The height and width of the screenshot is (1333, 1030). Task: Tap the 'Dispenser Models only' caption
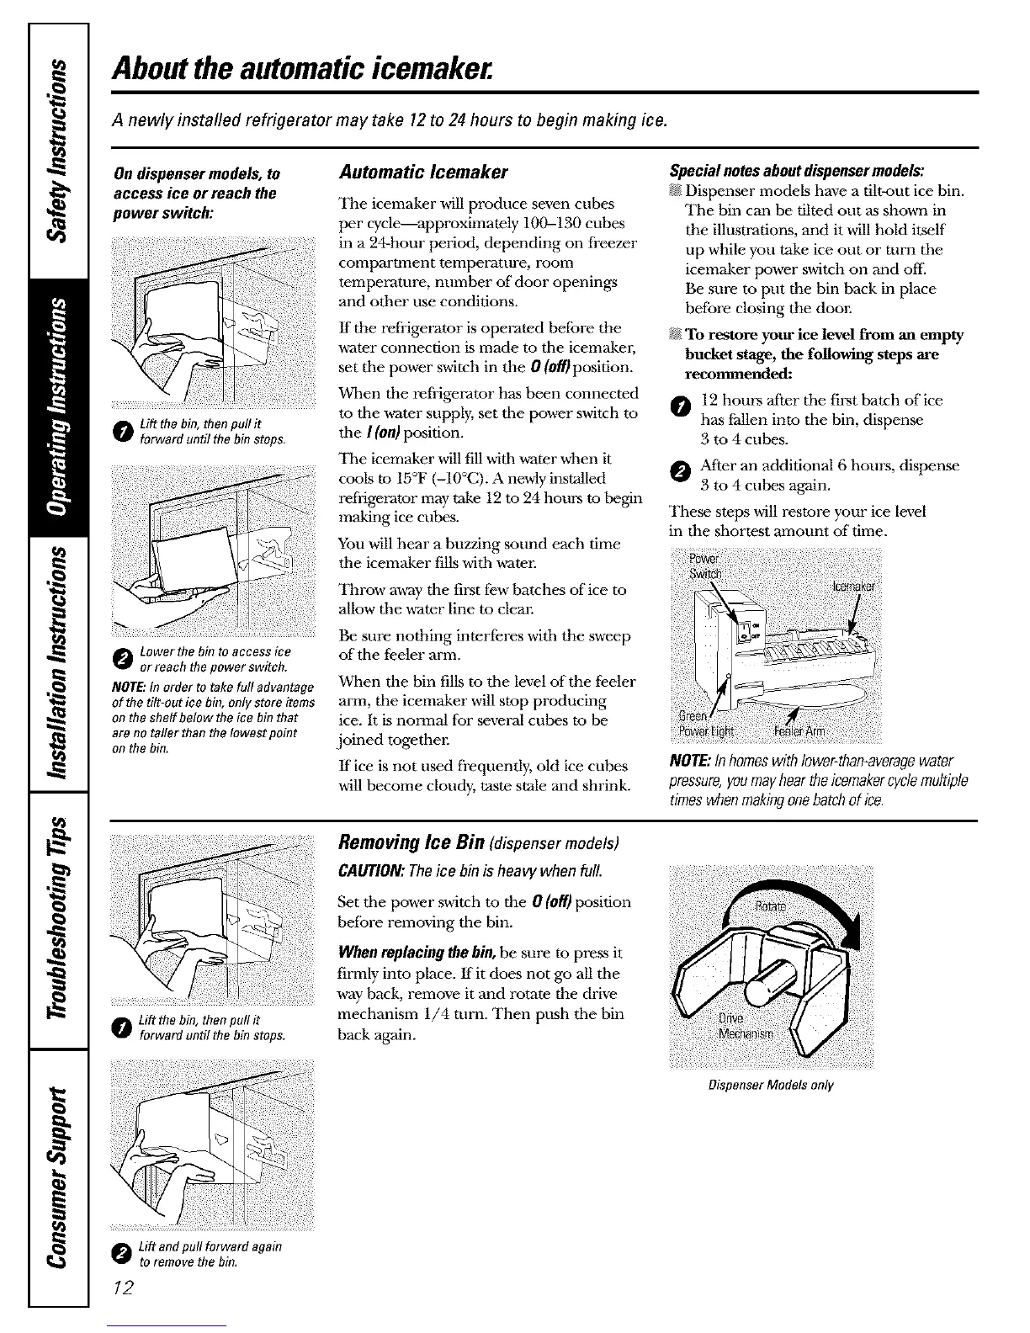pyautogui.click(x=771, y=1086)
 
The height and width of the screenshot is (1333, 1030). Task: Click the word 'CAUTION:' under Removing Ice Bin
pyautogui.click(x=364, y=868)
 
